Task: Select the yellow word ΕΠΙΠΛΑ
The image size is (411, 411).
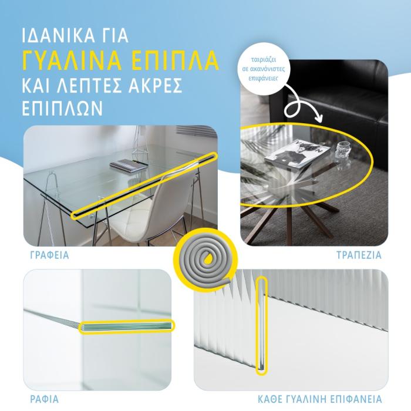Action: pos(175,60)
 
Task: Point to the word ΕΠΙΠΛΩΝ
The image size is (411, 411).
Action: pos(62,108)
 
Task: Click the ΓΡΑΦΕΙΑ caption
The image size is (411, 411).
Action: pos(49,255)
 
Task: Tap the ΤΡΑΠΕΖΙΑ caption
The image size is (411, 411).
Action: pos(359,255)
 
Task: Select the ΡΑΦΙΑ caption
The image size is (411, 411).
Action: pos(45,399)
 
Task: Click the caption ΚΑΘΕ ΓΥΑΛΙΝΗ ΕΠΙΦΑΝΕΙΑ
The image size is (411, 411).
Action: pos(319,399)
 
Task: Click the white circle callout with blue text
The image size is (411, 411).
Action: pos(264,69)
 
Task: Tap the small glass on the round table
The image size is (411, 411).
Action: pos(343,150)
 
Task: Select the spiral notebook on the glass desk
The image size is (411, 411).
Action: pos(129,166)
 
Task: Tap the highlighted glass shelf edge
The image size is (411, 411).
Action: pos(127,326)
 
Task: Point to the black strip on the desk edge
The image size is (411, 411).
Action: pos(144,186)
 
